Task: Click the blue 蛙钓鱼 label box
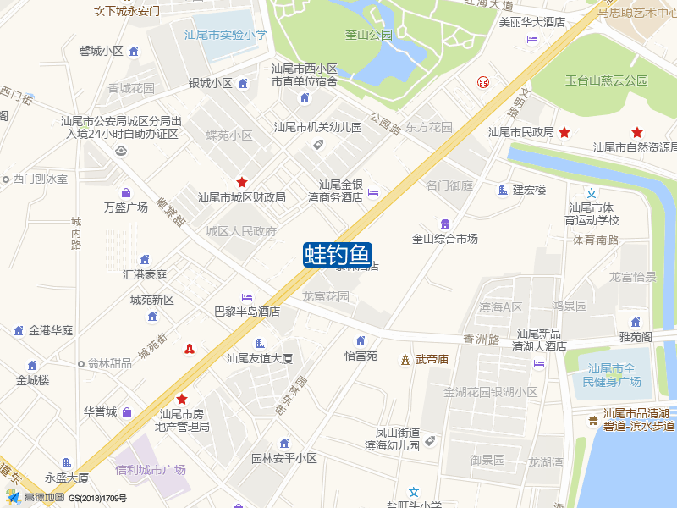tap(338, 254)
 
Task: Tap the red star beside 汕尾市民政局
tap(564, 132)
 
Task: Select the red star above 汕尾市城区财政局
tap(242, 182)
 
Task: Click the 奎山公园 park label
tap(369, 35)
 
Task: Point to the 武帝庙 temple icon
tap(405, 359)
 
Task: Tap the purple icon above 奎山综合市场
tap(444, 223)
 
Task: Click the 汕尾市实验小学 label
tap(226, 35)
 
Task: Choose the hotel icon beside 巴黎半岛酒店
tap(246, 297)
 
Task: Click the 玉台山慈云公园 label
tap(607, 80)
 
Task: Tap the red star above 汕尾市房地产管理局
tap(181, 399)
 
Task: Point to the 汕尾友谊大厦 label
tap(259, 358)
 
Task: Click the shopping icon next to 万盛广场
tap(125, 192)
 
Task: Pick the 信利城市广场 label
tap(151, 470)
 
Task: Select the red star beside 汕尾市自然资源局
tap(637, 132)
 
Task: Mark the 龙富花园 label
tap(326, 297)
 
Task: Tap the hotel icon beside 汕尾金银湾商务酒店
tap(373, 192)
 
